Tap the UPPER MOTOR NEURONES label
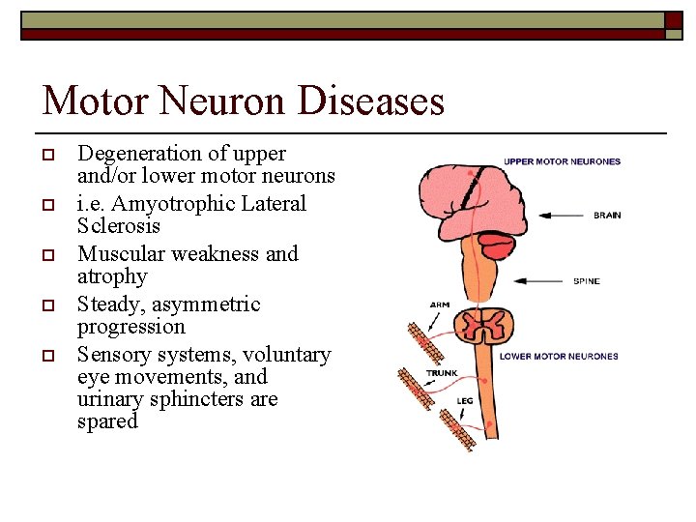(562, 161)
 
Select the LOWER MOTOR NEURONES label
(559, 356)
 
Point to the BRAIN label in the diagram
(607, 215)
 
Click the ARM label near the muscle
(439, 305)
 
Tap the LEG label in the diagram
(466, 399)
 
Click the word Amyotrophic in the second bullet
(159, 204)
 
